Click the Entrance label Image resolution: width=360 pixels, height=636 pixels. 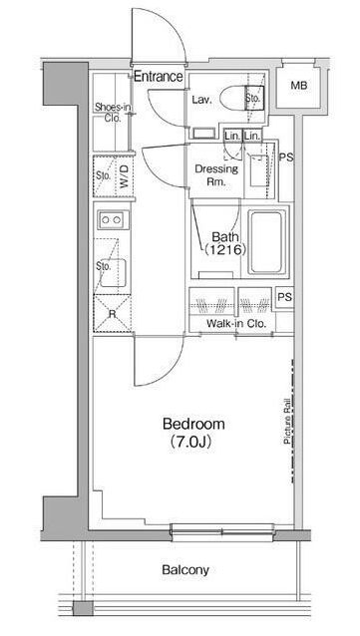tap(159, 76)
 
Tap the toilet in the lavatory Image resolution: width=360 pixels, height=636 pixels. tap(236, 98)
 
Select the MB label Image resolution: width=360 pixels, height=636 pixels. tap(299, 86)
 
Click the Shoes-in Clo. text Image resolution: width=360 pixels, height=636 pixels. tap(114, 114)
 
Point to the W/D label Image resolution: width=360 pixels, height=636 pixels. tap(125, 176)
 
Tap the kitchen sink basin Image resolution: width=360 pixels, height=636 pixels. tap(113, 272)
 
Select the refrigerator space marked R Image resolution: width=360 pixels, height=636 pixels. tap(113, 314)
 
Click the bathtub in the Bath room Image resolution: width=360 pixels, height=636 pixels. tap(266, 242)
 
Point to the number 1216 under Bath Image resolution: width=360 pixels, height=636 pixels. tap(225, 250)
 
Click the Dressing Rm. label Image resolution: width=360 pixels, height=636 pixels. tap(216, 175)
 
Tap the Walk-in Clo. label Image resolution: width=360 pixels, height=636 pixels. tap(236, 324)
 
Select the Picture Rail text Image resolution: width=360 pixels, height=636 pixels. tap(287, 421)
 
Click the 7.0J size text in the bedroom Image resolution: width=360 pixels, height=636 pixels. tap(190, 442)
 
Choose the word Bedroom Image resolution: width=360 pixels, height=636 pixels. tap(193, 425)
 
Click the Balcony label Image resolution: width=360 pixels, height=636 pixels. tap(185, 570)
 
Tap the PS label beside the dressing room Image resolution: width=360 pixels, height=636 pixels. tap(286, 158)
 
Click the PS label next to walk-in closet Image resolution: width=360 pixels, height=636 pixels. tap(284, 297)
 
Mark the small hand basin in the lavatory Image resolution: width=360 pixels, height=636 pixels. tap(203, 133)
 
